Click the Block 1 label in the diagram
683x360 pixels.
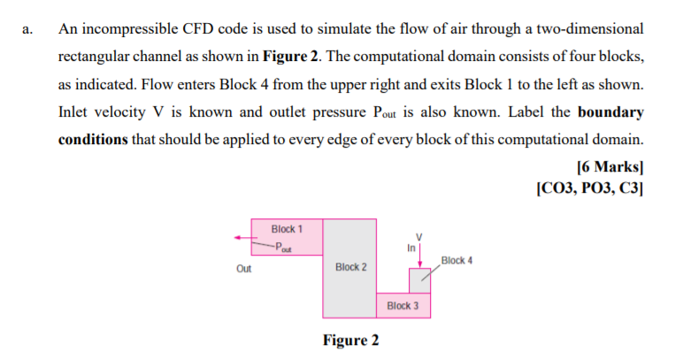pos(287,228)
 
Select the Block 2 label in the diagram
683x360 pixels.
pos(351,266)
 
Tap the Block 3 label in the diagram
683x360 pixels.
pos(403,306)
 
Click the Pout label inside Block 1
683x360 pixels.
pos(283,247)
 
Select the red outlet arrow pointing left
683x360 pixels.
pos(242,237)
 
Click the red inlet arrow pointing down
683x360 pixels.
pos(421,252)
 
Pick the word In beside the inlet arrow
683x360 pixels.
pos(411,249)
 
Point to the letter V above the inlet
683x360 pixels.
pos(421,234)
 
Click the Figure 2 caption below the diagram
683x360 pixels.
pos(351,341)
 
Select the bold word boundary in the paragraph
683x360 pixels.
pos(610,114)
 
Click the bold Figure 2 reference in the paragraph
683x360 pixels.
pos(288,57)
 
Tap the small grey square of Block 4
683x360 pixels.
pos(419,280)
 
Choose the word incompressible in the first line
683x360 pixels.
pos(127,29)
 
